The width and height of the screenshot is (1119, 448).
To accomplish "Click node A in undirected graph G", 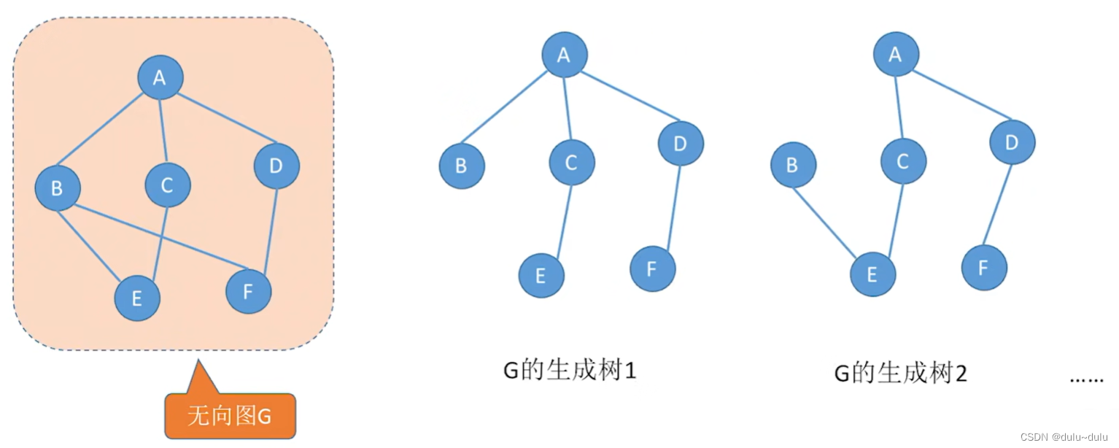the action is [x=160, y=77].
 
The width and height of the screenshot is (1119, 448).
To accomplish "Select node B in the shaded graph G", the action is [x=58, y=188].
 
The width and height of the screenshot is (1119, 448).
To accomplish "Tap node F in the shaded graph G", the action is [x=248, y=291].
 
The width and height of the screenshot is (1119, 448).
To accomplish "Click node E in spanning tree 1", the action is [x=541, y=275].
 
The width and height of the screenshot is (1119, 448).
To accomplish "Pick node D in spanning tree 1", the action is [x=681, y=143].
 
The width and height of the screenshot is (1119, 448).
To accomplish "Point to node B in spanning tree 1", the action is [x=462, y=166].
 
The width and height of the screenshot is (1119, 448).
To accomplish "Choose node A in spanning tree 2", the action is [x=896, y=54].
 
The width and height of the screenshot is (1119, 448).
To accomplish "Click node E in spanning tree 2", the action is [x=872, y=274].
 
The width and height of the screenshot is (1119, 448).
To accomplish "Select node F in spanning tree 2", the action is [x=984, y=268].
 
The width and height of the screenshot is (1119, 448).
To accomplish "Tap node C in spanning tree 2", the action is [x=903, y=161].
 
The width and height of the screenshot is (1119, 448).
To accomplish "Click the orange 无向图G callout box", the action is [x=231, y=416].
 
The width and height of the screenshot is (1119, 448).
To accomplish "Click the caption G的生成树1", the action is [x=570, y=371].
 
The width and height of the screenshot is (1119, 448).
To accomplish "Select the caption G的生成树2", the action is [x=901, y=373].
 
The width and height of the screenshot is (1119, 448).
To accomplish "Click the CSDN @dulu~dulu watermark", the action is [x=1064, y=437].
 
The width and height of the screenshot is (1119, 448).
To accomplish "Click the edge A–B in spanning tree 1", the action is [x=504, y=107].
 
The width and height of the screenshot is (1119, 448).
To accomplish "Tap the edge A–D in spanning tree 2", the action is [x=962, y=95].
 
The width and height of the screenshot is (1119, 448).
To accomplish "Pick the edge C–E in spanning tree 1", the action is [x=565, y=222].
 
